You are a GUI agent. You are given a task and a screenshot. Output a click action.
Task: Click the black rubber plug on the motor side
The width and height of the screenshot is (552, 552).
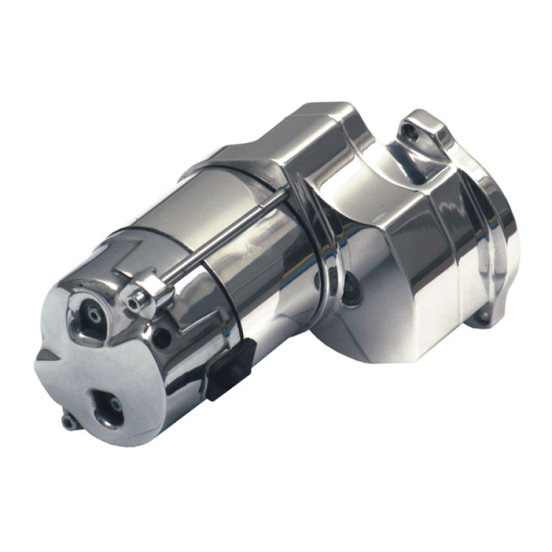(x=230, y=368)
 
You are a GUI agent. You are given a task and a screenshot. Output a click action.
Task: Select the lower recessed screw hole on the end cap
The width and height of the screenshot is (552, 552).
(x=109, y=406)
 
